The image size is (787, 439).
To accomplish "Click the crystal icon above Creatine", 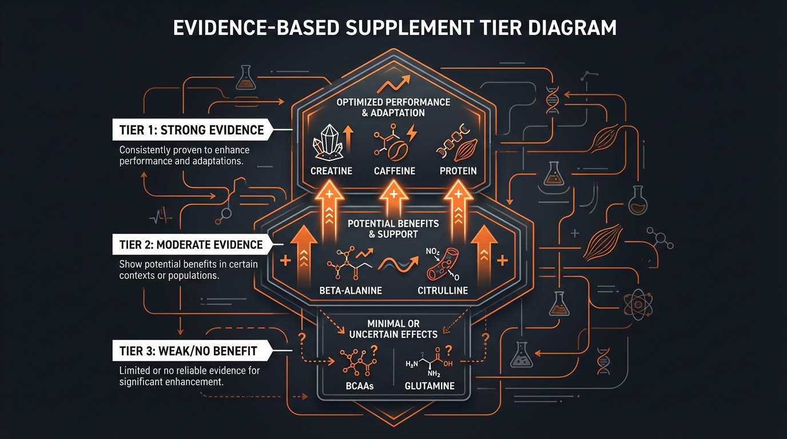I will (x=328, y=143).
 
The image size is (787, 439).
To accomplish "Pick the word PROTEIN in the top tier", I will (x=458, y=171).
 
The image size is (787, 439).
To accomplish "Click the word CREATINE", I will (x=331, y=171).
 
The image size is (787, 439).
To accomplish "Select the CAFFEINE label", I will (x=395, y=171).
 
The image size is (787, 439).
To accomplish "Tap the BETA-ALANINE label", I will (x=351, y=290).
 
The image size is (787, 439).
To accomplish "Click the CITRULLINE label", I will (x=442, y=290).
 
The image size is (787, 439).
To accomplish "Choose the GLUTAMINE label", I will (x=430, y=386).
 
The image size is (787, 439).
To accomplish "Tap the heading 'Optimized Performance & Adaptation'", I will (x=393, y=107).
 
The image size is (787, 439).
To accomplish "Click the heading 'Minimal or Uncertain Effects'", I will (x=393, y=329).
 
